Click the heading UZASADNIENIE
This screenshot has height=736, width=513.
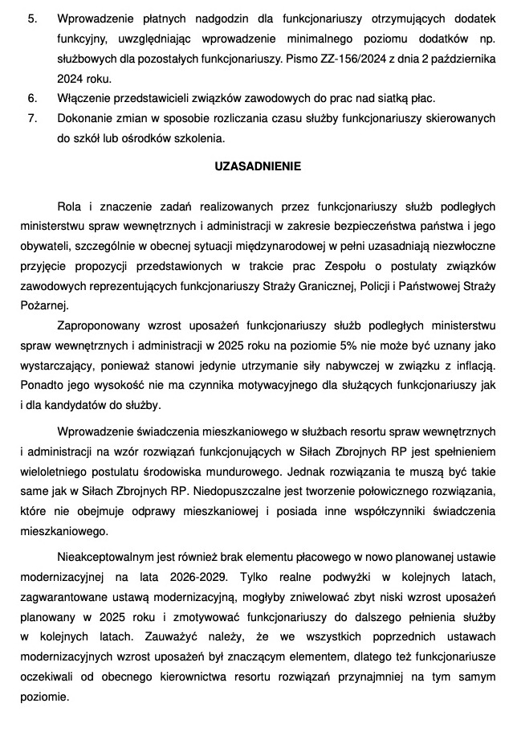257,167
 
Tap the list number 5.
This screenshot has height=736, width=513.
32,17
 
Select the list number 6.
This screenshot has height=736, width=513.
32,98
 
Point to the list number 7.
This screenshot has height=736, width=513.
32,118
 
